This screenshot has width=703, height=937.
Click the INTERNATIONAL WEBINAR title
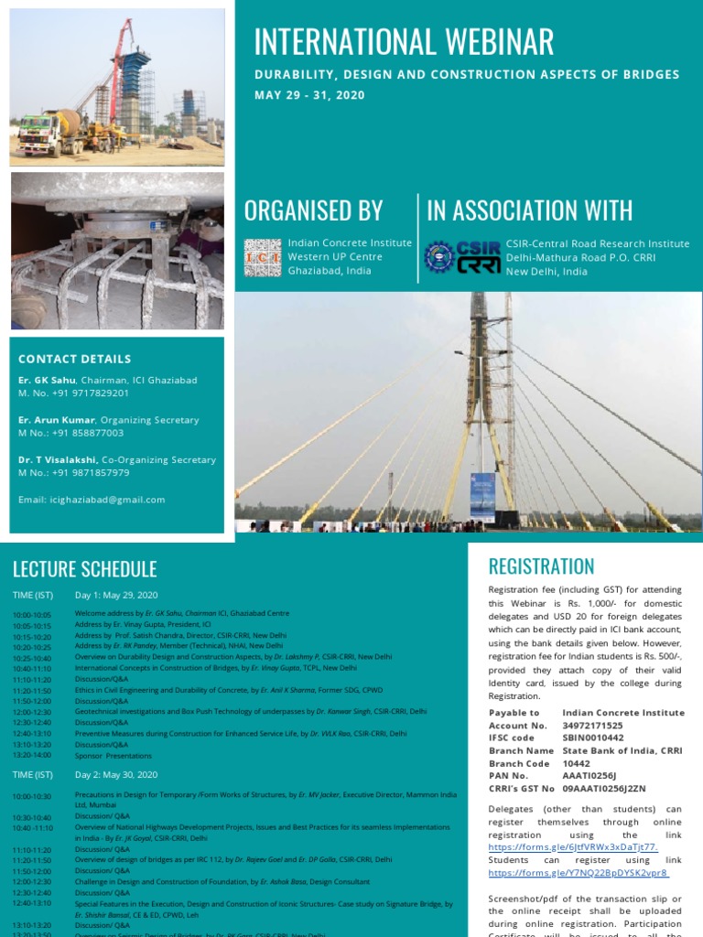click(x=403, y=42)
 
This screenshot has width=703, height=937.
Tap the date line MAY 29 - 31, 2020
click(x=309, y=95)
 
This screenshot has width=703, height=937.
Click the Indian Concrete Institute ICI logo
click(x=263, y=257)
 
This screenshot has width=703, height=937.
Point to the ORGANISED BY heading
click(x=313, y=210)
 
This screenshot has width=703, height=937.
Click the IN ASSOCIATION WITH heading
click(x=530, y=210)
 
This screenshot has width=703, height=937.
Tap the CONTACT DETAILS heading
click(x=75, y=359)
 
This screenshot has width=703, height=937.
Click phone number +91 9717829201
click(x=90, y=393)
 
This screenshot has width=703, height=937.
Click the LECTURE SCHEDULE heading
click(x=84, y=569)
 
